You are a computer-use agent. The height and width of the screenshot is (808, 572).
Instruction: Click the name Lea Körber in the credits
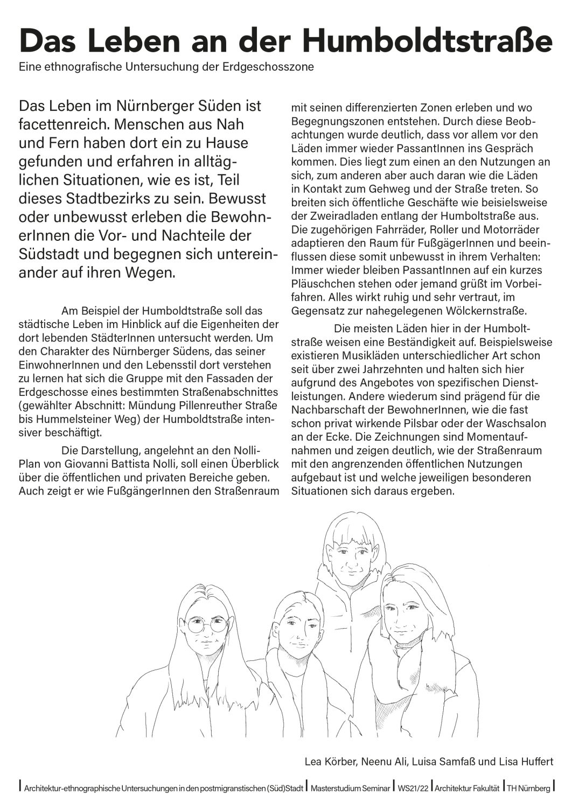pyautogui.click(x=330, y=762)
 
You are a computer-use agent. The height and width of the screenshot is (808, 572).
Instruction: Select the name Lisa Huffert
pyautogui.click(x=526, y=762)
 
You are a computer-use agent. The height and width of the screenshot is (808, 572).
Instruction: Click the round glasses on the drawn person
pyautogui.click(x=207, y=625)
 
